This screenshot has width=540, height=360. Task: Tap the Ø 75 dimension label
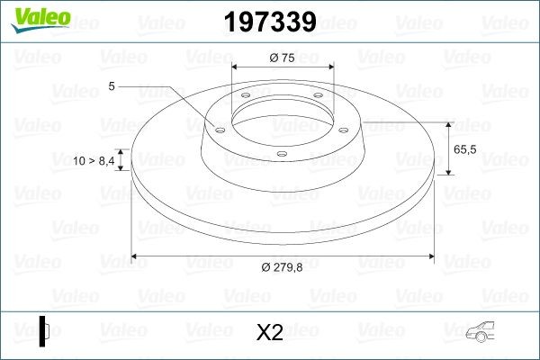coord(283,58)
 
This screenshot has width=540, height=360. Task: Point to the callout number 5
coord(112,86)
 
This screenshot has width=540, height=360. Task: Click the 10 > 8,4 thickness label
coord(94,160)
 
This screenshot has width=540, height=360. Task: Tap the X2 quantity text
coord(269,332)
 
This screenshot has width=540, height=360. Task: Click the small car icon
coord(490,334)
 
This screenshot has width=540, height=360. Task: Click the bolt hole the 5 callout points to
coord(218,128)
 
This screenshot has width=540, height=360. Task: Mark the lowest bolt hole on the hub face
coord(282,153)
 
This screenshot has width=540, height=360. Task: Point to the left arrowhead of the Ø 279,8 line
coord(136,257)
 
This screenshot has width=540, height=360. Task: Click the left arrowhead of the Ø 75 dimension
coord(236,68)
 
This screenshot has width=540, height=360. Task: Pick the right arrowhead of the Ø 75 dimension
coord(329,68)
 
